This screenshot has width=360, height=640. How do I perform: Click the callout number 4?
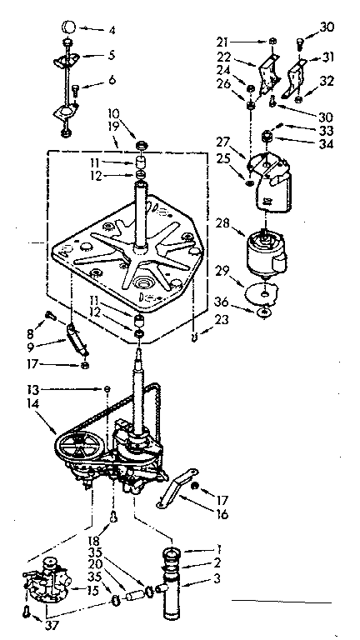pyautogui.click(x=112, y=31)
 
